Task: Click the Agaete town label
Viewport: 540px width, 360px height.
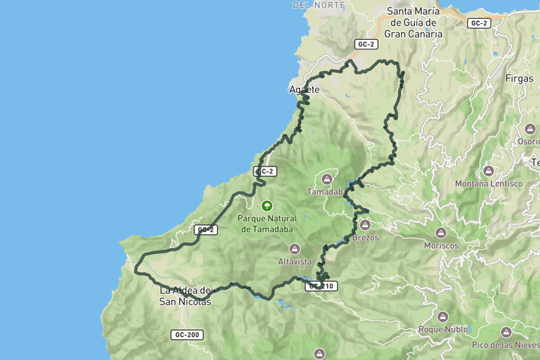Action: coord(304,90)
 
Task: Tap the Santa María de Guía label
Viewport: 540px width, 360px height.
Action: coord(414,22)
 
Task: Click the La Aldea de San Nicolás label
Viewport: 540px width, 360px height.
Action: coord(185,296)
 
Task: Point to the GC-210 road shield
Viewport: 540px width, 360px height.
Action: coord(322,286)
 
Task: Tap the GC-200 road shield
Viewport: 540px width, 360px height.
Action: coord(186,334)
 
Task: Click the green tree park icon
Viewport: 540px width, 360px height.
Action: coord(265,205)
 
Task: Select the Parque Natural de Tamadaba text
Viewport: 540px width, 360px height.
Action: coord(265,223)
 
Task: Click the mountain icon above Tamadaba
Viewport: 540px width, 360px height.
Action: coord(327,178)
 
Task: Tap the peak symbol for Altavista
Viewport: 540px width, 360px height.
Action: coord(295,248)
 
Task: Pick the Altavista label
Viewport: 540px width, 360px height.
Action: coord(295,262)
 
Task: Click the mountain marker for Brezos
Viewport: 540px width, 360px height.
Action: coord(365,224)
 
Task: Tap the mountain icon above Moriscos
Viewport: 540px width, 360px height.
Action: coord(441,232)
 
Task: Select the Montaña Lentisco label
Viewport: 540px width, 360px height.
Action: coord(488,184)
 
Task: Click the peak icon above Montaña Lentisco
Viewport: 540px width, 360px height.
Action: coord(488,170)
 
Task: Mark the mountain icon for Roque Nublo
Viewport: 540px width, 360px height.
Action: coord(443,316)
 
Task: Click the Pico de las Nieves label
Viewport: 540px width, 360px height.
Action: coord(505,344)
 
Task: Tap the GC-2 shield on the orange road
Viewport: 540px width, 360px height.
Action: coord(478,23)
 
